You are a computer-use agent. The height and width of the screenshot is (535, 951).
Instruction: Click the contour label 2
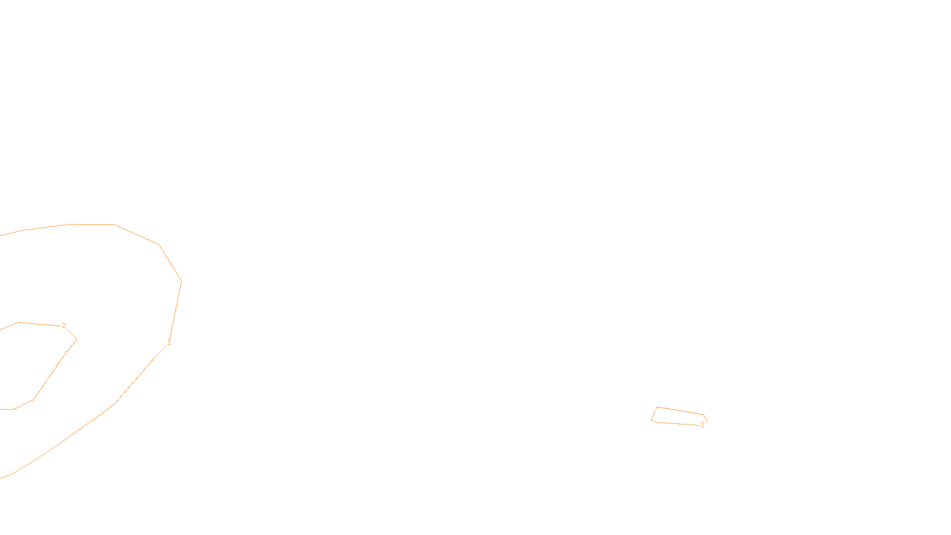64,326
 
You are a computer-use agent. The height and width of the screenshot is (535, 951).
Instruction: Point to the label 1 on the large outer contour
169,342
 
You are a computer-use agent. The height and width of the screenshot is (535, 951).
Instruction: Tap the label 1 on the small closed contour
703,425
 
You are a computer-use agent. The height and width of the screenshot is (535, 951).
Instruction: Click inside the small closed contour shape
678,417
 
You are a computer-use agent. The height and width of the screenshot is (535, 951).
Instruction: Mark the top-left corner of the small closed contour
657,407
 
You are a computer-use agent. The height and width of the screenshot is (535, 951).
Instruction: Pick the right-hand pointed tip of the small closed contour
707,421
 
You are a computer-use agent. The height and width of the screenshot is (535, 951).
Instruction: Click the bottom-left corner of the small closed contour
652,421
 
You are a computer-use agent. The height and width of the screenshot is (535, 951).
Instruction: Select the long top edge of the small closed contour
681,411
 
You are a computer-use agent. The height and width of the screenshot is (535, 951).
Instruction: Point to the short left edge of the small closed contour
654,414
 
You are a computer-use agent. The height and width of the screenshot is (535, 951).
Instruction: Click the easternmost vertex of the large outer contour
181,281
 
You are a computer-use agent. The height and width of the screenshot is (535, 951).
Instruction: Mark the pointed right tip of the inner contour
77,339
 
